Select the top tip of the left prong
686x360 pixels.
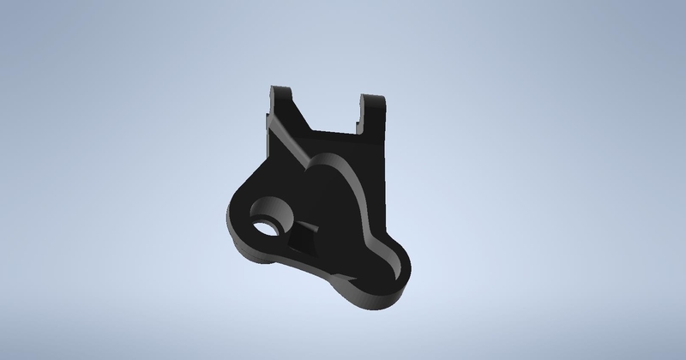[x=280, y=88]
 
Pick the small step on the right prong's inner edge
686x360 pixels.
[x=359, y=111]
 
